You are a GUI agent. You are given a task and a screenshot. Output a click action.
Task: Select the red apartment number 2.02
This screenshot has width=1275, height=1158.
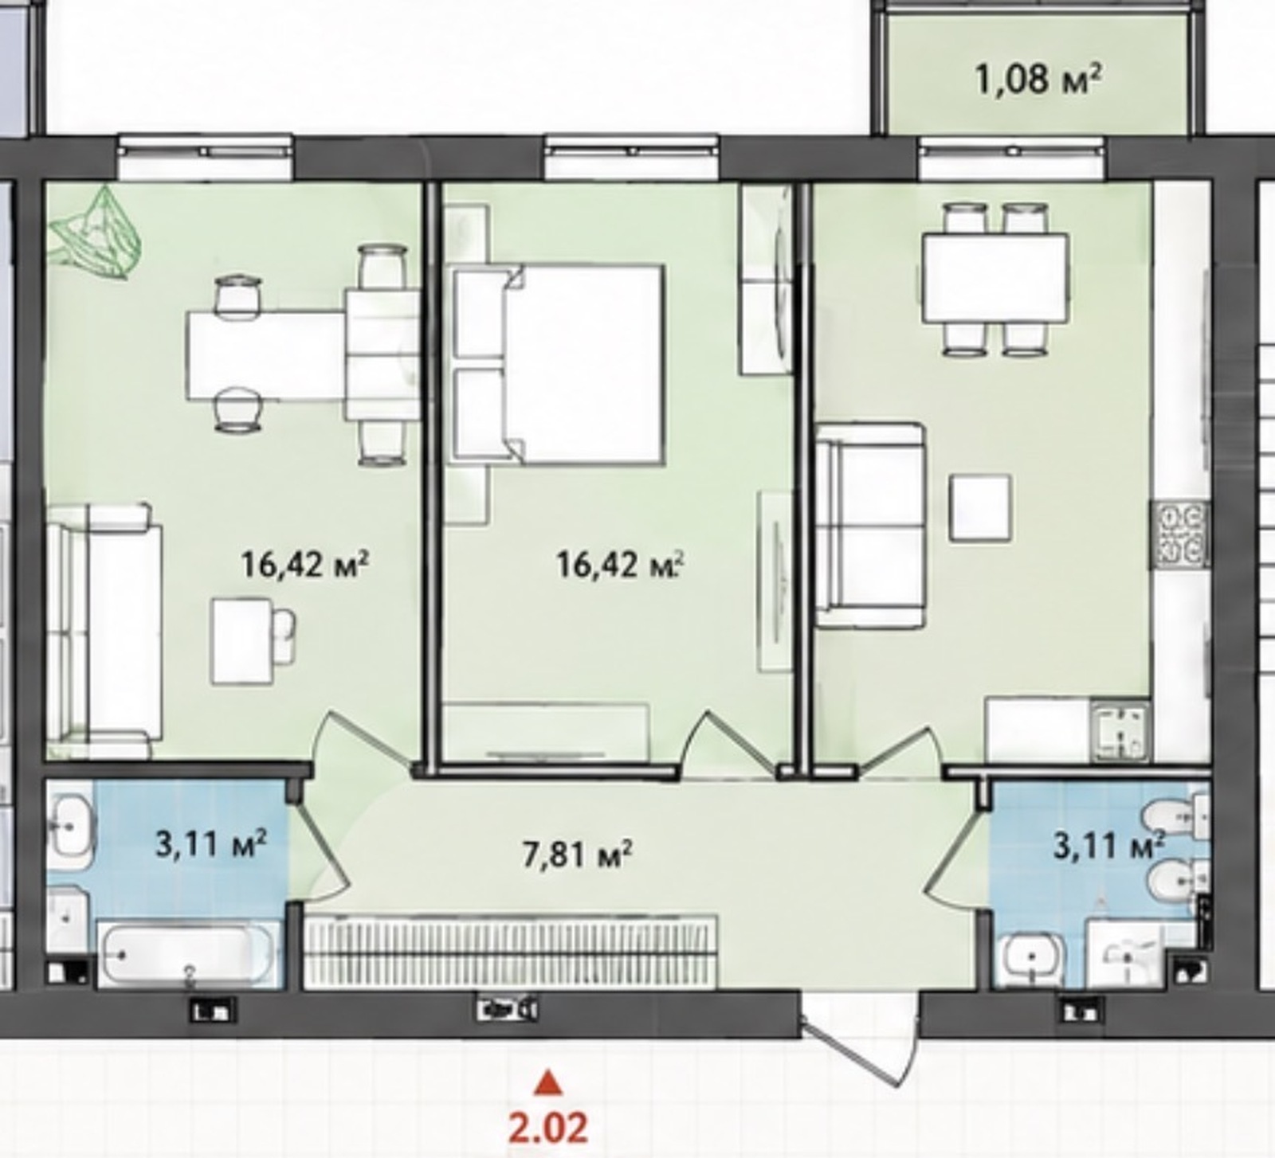click(x=548, y=1127)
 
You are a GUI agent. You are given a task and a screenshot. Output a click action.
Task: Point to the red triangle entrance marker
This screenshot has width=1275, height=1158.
click(x=547, y=1082)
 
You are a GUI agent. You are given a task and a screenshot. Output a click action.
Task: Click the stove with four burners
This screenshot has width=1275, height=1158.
click(x=1180, y=534)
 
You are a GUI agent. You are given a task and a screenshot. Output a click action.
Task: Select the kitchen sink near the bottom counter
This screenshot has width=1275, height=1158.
click(x=1120, y=731)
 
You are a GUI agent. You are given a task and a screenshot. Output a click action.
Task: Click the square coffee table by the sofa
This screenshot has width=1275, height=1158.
click(x=980, y=507)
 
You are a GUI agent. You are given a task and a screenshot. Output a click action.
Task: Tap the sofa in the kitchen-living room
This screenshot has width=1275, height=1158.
click(x=870, y=526)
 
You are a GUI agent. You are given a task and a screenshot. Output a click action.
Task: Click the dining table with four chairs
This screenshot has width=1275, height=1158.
click(x=995, y=278)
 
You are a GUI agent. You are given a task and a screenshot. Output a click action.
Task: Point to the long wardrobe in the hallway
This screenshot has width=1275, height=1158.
click(x=512, y=954)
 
